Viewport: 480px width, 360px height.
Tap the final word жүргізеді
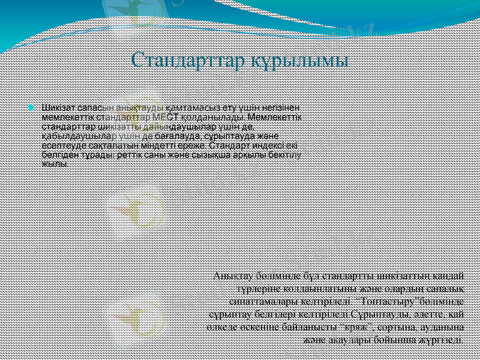tap(442, 339)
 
